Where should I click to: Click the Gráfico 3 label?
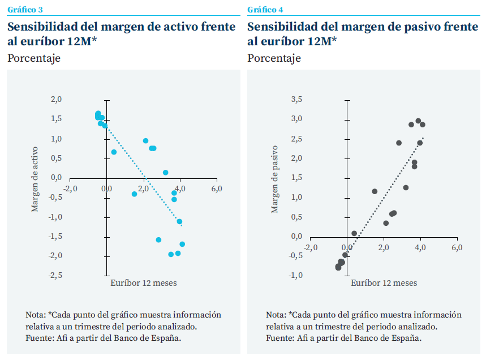point(25,10)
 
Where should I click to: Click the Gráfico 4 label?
point(265,10)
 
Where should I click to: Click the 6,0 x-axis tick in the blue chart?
point(217,188)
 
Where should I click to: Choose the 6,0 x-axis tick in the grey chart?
point(457,247)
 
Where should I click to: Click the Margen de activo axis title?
point(35,179)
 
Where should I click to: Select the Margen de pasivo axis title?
point(275,179)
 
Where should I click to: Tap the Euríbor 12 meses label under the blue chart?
point(144,283)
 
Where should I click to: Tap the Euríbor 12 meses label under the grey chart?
point(384,283)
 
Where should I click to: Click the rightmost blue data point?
point(182,244)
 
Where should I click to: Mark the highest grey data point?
point(418,121)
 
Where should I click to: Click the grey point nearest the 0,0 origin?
point(354,233)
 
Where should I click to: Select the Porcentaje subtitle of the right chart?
point(274,58)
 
